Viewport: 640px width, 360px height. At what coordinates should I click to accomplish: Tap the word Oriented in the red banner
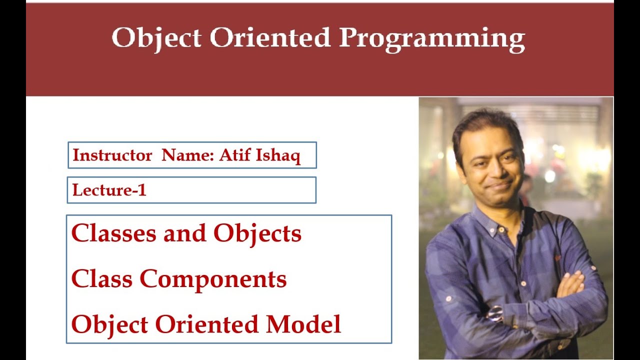click(x=270, y=37)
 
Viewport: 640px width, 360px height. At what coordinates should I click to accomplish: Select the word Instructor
click(x=112, y=155)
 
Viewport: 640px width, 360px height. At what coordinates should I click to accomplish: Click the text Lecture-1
click(x=109, y=190)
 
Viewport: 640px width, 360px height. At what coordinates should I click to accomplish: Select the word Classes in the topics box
click(x=114, y=233)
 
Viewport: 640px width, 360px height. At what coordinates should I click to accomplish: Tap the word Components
click(x=213, y=279)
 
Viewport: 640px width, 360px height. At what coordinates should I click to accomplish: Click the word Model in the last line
click(x=303, y=324)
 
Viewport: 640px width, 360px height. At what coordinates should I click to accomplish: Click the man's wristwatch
click(x=495, y=313)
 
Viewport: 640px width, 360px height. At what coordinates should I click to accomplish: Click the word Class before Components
click(x=102, y=279)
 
